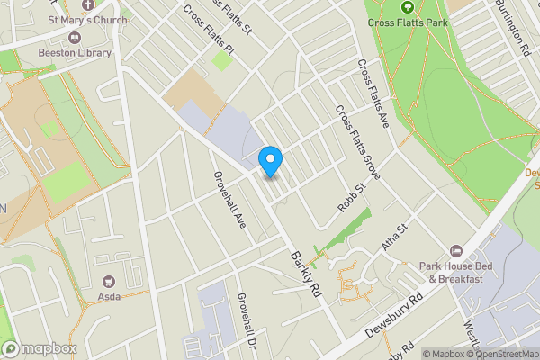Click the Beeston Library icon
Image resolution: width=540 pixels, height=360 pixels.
click(74, 39)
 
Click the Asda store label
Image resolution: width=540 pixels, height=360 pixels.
click(110, 296)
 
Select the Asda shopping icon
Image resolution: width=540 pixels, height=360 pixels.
click(111, 282)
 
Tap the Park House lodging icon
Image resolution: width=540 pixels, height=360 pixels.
click(456, 251)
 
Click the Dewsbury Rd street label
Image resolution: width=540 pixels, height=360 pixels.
click(394, 316)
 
